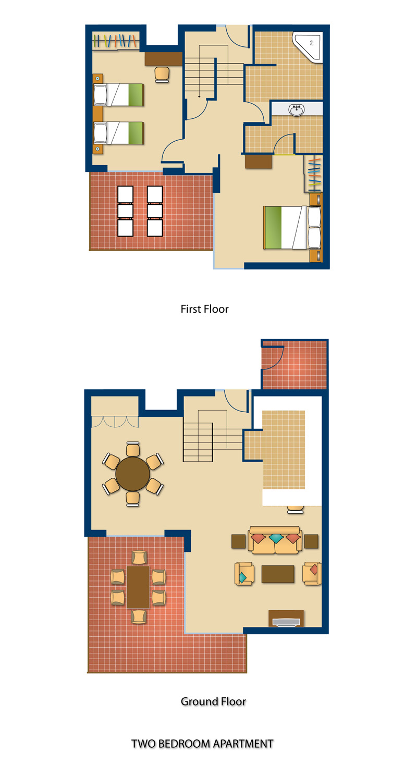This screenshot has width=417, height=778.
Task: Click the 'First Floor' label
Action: [204, 309]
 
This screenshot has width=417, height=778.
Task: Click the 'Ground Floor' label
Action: [213, 701]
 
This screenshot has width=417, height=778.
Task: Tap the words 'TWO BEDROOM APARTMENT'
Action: [202, 744]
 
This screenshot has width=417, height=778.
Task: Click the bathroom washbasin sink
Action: [297, 110]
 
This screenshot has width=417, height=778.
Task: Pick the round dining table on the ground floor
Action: [132, 474]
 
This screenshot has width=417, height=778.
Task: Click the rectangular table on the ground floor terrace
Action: [138, 587]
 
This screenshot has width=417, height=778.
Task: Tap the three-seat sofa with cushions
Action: [275, 540]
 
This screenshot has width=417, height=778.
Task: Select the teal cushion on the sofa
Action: [276, 538]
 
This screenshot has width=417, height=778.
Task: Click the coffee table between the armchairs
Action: [278, 574]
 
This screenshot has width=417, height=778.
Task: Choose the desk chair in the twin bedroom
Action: [162, 75]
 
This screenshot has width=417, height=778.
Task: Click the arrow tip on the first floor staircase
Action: [200, 97]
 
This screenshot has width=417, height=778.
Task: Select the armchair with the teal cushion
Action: [244, 574]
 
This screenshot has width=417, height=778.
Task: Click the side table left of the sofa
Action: [238, 541]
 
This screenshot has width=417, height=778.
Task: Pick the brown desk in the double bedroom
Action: [258, 162]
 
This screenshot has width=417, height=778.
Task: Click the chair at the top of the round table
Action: [133, 449]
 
